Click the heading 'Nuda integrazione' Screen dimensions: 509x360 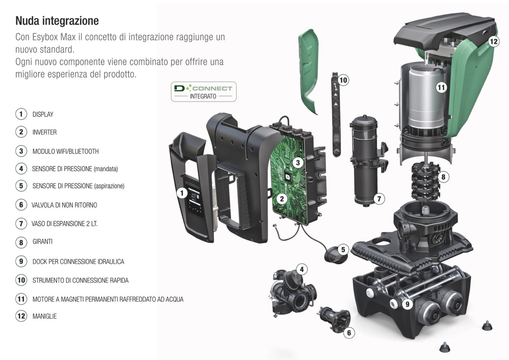pyautogui.click(x=57, y=21)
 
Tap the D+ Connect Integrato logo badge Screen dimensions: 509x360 pyautogui.click(x=203, y=92)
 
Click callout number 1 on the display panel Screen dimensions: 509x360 pyautogui.click(x=182, y=193)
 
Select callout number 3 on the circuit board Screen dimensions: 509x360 pyautogui.click(x=298, y=163)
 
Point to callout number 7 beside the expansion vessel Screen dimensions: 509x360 pyautogui.click(x=379, y=199)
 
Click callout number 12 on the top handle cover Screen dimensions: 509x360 pyautogui.click(x=494, y=42)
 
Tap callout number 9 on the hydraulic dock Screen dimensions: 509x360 pyautogui.click(x=407, y=304)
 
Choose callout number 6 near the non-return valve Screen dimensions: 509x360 pyautogui.click(x=349, y=333)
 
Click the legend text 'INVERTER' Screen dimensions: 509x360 pyautogui.click(x=45, y=132)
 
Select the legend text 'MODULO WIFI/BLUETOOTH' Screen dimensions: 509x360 pyautogui.click(x=66, y=151)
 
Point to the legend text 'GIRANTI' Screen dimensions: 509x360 pyautogui.click(x=42, y=241)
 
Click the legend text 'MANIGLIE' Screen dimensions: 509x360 pyautogui.click(x=45, y=316)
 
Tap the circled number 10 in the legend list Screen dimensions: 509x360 pyautogui.click(x=21, y=280)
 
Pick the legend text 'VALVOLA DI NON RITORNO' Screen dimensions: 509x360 pyautogui.click(x=64, y=205)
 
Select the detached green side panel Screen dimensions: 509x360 pyautogui.click(x=309, y=72)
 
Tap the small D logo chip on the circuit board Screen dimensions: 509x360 pyautogui.click(x=288, y=177)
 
